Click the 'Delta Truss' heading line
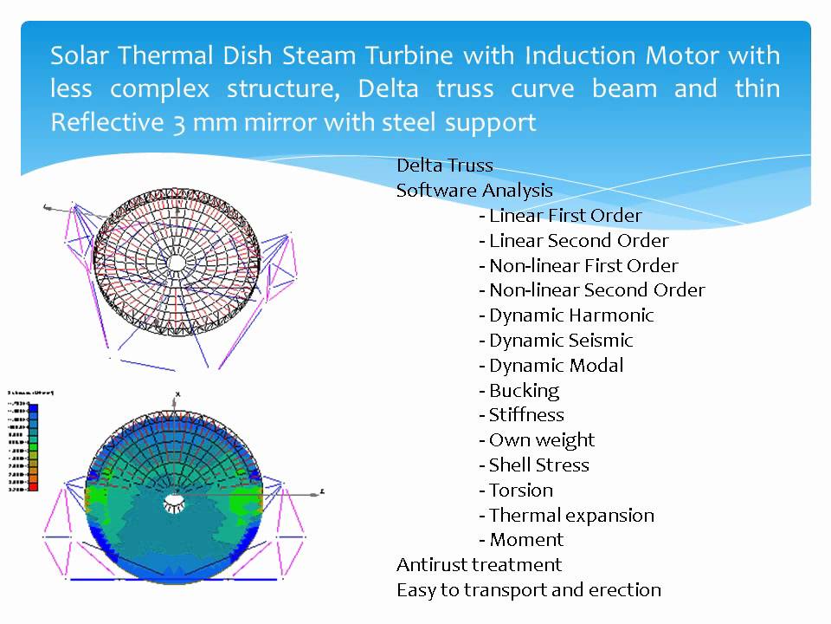pos(444,166)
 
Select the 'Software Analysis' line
pos(474,191)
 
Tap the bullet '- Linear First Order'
pos(560,216)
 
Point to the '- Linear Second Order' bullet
pos(573,241)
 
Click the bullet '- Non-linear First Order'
pos(578,266)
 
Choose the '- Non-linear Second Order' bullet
pos(591,290)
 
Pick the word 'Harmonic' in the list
pos(615,315)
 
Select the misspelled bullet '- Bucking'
pos(519,391)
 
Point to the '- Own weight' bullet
pos(537,440)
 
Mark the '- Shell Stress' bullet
pos(533,465)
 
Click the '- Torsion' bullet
pos(515,491)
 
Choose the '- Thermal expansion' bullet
pos(566,516)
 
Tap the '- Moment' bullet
pos(520,540)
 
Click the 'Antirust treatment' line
pos(479,565)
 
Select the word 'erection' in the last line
pos(628,590)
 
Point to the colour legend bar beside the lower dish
pos(33,446)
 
